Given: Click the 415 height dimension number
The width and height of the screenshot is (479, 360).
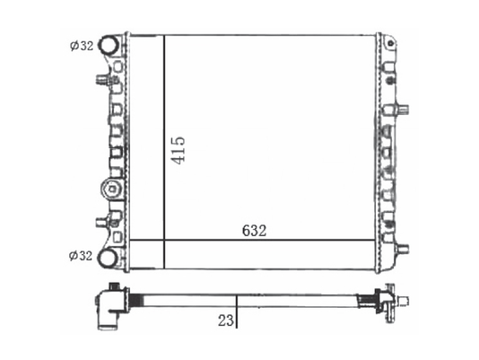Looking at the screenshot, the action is [x=178, y=151].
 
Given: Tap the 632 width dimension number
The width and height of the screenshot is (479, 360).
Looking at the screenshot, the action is [x=254, y=231].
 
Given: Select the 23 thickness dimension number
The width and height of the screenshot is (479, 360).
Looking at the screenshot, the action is [x=226, y=320].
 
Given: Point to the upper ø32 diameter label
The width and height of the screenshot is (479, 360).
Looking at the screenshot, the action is [x=82, y=46].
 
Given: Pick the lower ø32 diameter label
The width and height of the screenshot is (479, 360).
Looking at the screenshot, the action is [x=81, y=256].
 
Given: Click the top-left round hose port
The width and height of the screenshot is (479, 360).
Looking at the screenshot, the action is [x=109, y=45].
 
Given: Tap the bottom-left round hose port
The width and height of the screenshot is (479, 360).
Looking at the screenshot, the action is [x=108, y=259].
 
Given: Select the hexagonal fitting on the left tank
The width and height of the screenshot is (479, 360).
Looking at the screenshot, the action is [x=112, y=189].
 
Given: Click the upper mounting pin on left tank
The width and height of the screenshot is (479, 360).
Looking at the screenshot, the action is [x=102, y=80].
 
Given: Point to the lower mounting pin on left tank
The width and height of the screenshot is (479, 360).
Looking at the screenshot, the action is [x=101, y=222].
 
